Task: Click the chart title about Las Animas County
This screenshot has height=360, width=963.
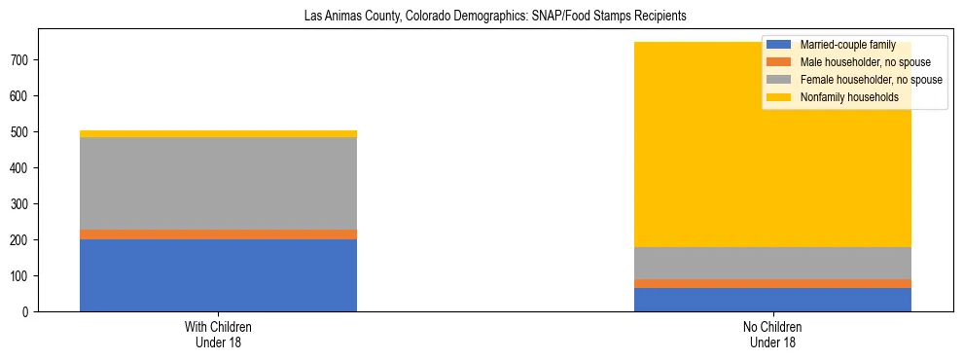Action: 481,16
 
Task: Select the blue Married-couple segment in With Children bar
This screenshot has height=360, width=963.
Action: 218,275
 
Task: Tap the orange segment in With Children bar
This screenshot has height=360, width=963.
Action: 218,234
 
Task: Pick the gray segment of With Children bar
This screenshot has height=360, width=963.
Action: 218,184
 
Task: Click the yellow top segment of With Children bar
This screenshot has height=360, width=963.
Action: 218,134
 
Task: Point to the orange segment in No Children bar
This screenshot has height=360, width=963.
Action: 772,284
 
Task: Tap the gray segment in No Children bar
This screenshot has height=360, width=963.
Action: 772,264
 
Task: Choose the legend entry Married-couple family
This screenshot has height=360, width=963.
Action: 847,45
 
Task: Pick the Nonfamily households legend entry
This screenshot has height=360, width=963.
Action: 849,97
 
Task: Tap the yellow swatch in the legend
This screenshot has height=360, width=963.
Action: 779,97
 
